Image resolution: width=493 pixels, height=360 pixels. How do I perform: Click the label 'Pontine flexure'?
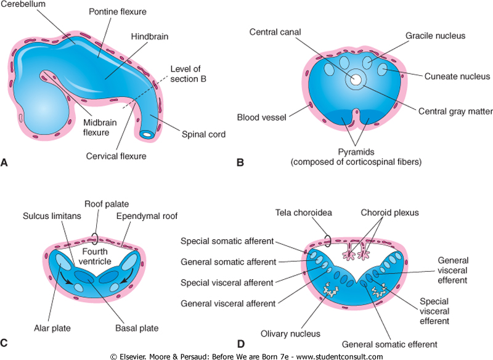pyautogui.click(x=118, y=12)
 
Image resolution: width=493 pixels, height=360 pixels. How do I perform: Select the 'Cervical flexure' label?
pyautogui.click(x=117, y=156)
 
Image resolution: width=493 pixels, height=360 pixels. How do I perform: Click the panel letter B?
pyautogui.click(x=240, y=163)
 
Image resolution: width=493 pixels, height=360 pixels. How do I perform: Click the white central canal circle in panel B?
pyautogui.click(x=356, y=80)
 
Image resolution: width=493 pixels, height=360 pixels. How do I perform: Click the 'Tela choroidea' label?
pyautogui.click(x=303, y=213)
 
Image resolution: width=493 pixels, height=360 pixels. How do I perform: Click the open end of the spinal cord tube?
pyautogui.click(x=147, y=133)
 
